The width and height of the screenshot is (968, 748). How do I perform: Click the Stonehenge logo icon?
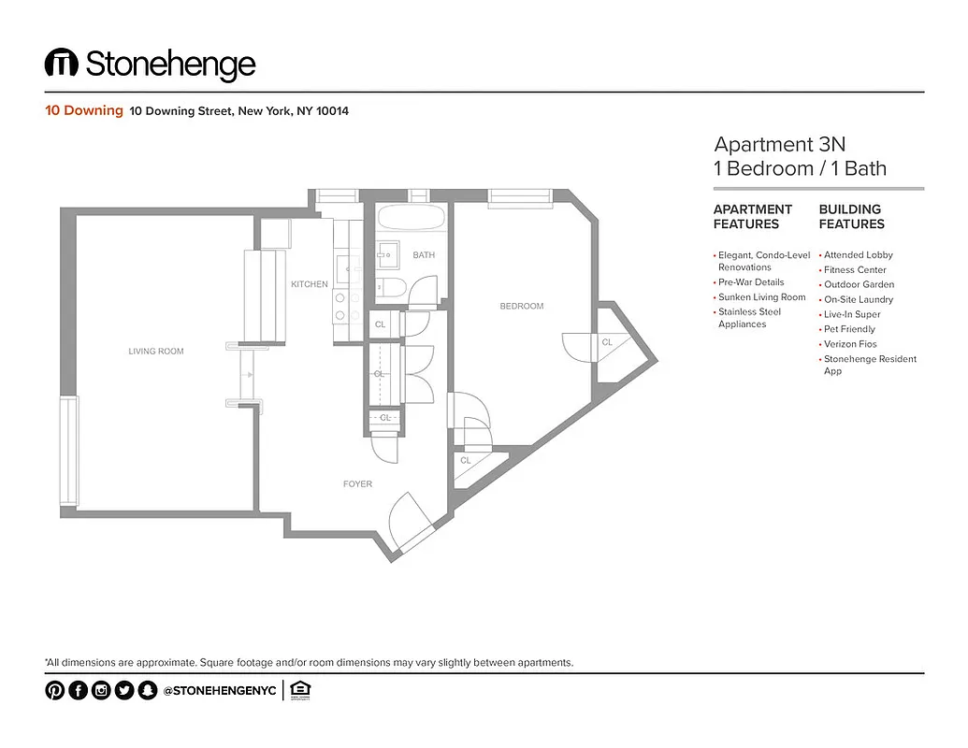pos(61,64)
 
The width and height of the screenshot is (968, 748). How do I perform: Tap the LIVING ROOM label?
pos(156,352)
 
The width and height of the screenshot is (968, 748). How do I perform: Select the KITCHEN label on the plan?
pos(310,284)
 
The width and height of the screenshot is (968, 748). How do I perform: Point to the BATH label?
pos(424,255)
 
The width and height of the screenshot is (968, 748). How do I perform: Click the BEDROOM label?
pos(521,306)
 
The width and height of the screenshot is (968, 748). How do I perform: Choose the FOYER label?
pos(357,484)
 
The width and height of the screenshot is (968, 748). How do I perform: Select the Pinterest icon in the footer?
pos(54,691)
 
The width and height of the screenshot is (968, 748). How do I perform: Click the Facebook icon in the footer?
pos(78,691)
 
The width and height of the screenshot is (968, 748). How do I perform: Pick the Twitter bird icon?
pos(123,691)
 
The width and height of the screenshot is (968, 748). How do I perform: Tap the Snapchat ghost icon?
pos(147,691)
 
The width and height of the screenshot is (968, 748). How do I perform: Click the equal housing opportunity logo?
pos(299,690)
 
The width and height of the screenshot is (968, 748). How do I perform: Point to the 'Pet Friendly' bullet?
pos(849,329)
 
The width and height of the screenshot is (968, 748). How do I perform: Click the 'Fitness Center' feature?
pos(855,269)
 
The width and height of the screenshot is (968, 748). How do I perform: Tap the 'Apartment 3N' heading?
pos(779,145)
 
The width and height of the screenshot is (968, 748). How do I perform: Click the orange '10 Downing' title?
pos(84,110)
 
